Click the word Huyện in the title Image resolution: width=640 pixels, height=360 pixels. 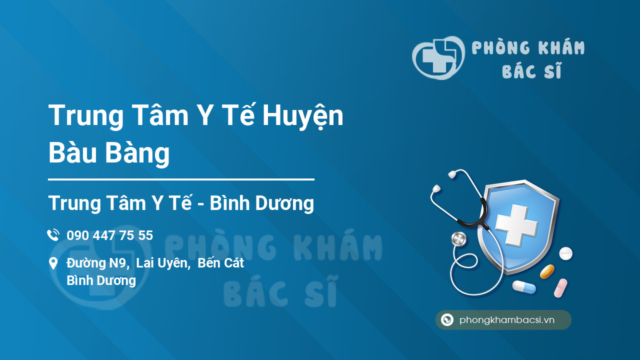pos(303,116)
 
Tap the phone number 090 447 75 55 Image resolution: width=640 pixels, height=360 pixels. pos(109,235)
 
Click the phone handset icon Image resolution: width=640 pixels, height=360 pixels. pos(53,235)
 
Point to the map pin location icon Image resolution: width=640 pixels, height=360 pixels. pos(53,263)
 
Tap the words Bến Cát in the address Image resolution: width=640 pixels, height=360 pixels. pos(220,263)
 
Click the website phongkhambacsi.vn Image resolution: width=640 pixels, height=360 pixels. pos(506,320)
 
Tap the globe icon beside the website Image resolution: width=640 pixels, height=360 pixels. pos(447,320)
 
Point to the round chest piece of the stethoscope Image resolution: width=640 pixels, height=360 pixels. pos(458,239)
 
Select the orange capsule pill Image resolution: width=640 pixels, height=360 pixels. pos(547,271)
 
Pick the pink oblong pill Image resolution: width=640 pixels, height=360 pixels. pos(560,288)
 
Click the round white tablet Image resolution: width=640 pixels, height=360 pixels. pos(565,253)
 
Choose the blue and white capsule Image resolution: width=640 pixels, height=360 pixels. pos(523,287)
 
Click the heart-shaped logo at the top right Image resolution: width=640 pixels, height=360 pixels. pos(438,57)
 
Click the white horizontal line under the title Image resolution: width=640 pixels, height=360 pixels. pos(181,179)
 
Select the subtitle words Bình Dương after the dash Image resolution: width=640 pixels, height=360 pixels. pos(261,203)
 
